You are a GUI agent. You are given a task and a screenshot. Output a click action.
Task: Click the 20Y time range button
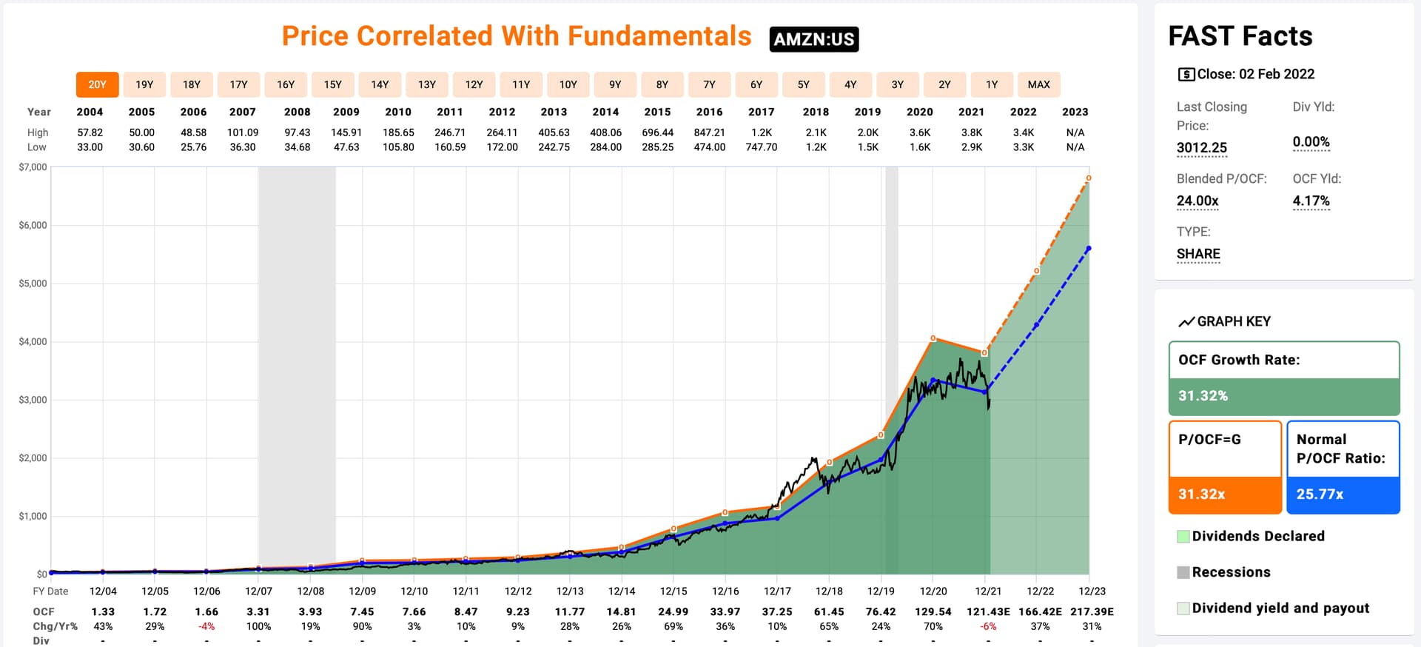97,84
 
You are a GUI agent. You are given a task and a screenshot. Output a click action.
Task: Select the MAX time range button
1038,84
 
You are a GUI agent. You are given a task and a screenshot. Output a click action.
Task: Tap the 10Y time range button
568,84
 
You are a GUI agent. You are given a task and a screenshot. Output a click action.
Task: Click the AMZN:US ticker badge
814,39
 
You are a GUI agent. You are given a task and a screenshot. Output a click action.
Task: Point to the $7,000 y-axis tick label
33,167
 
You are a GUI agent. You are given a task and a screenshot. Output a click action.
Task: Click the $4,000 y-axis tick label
33,341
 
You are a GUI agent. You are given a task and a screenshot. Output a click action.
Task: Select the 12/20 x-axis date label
933,591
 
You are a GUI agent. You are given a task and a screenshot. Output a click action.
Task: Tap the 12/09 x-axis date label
362,591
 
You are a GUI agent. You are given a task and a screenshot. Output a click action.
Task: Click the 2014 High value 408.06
605,133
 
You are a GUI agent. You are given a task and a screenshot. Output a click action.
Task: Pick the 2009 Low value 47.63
346,147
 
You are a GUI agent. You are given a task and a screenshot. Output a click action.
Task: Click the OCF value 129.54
933,611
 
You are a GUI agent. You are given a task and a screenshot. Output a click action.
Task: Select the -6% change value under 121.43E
988,626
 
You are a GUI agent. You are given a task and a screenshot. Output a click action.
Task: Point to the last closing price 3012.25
1201,147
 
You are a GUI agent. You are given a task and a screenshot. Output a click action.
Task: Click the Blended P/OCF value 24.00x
1197,201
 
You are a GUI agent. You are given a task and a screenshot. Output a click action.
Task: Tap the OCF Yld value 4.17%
1311,201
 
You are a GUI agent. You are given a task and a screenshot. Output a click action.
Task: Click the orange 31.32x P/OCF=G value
1201,494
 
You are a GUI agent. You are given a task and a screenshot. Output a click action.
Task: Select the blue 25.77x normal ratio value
1320,494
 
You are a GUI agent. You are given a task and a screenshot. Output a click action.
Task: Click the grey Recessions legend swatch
1183,572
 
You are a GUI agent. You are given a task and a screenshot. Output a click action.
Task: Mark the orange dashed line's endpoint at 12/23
1089,178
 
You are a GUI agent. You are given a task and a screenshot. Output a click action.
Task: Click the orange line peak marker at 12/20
933,338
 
